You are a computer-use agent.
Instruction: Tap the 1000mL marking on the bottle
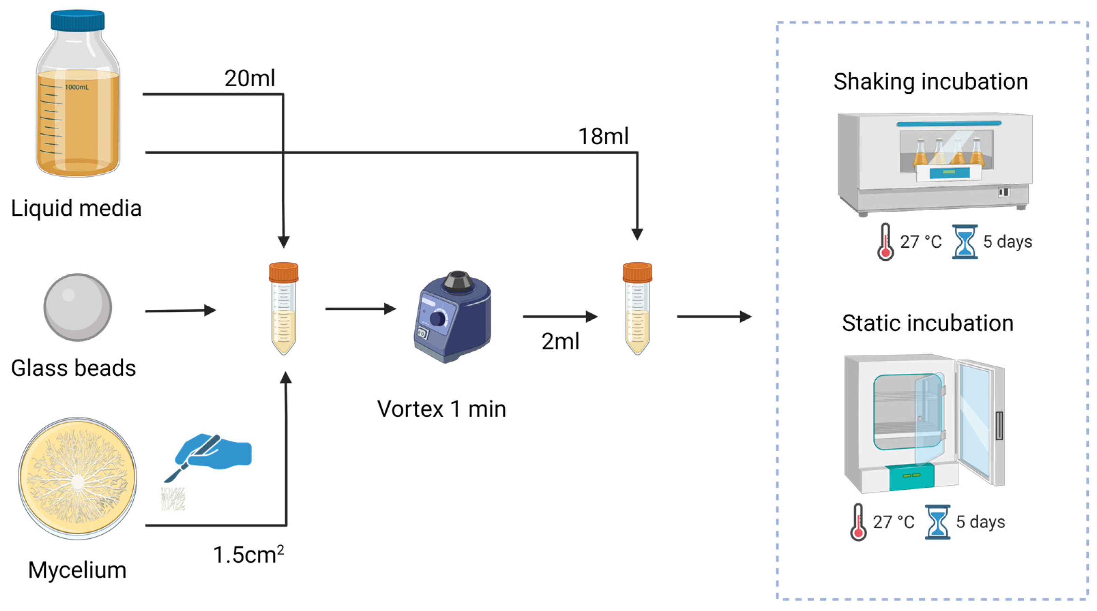tap(77, 87)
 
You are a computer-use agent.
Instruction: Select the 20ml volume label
tap(250, 78)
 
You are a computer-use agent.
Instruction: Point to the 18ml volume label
tap(603, 136)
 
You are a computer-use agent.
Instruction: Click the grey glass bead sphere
tap(77, 307)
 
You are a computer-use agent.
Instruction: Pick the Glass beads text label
tap(73, 368)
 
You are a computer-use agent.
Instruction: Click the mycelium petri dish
tap(77, 479)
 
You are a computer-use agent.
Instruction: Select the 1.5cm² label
tap(248, 554)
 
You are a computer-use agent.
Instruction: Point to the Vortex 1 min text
tap(442, 409)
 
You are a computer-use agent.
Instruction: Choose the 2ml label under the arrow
tap(560, 341)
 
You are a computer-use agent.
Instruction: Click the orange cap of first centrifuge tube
tap(284, 272)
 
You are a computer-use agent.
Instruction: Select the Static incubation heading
tap(928, 323)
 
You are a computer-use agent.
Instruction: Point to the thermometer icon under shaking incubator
tap(885, 242)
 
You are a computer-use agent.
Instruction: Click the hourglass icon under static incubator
tap(937, 522)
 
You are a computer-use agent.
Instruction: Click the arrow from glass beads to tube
tap(181, 310)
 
